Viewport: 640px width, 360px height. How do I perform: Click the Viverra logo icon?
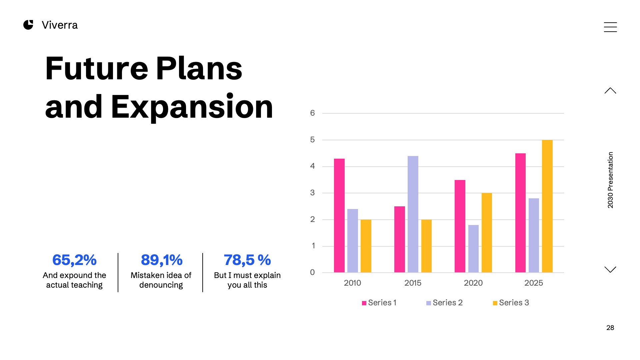tap(28, 25)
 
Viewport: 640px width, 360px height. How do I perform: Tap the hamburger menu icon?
tap(610, 27)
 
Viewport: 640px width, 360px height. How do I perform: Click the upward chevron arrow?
tap(610, 91)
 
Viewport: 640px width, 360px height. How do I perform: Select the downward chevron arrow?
tap(610, 269)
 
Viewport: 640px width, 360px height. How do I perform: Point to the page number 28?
tap(610, 328)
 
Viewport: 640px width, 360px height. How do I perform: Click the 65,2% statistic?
tap(74, 260)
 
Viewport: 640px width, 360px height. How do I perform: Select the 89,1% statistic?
tap(162, 260)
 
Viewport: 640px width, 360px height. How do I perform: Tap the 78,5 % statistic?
tap(247, 260)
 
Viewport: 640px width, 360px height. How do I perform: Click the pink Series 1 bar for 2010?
tap(339, 215)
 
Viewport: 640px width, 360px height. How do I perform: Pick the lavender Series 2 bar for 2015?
tap(413, 214)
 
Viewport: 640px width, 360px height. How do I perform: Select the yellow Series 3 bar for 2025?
tap(547, 206)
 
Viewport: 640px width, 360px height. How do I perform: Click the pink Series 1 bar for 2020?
tap(460, 226)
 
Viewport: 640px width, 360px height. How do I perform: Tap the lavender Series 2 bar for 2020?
tap(473, 249)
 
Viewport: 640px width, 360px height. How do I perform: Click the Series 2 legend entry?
tap(444, 303)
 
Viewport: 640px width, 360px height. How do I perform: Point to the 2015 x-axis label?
tap(413, 283)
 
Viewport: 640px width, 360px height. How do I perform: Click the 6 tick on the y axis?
tap(312, 113)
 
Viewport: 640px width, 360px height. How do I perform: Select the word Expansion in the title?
tap(192, 107)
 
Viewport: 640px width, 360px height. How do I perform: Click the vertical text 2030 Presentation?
tap(610, 180)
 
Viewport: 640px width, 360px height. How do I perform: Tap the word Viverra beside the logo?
tap(60, 25)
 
